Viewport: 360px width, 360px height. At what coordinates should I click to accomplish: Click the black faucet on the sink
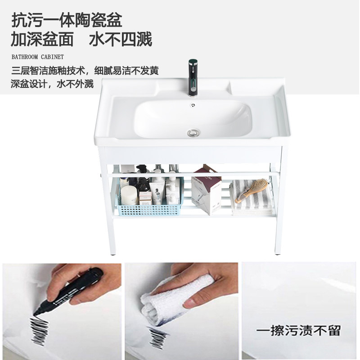point(193,78)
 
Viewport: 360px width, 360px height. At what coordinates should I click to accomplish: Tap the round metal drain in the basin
point(193,132)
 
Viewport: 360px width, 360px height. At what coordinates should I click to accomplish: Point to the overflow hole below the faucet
point(193,105)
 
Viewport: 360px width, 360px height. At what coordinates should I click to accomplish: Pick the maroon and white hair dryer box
point(206,189)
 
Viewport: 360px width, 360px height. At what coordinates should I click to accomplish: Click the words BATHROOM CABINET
point(38,57)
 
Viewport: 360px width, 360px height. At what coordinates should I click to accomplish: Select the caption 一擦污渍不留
point(298,330)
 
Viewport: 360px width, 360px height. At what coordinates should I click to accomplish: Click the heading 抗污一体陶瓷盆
point(67,20)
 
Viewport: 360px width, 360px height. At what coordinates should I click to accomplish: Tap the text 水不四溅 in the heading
point(121,39)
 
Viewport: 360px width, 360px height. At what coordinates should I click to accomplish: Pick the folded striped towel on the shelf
point(252,198)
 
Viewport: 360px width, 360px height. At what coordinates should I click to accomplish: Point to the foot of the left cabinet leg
point(113,253)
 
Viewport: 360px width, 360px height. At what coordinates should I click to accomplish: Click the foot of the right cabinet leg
point(278,253)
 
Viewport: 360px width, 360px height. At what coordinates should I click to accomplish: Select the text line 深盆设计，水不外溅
point(52,84)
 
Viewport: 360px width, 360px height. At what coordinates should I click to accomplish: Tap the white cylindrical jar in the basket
point(129,195)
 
